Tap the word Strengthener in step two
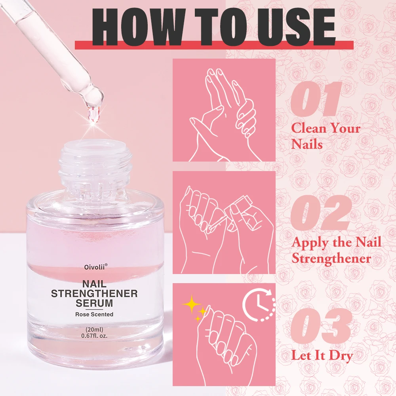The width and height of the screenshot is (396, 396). pos(331,259)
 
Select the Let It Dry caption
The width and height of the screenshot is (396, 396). pos(322,355)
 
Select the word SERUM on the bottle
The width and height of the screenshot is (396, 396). pos(94,304)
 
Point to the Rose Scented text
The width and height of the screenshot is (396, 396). pos(94,314)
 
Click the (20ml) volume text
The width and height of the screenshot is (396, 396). pos(94,329)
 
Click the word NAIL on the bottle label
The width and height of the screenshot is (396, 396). pos(94,284)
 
